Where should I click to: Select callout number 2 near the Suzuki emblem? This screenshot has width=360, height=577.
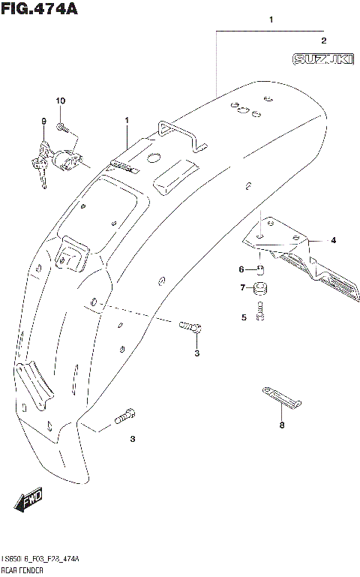pos(323,41)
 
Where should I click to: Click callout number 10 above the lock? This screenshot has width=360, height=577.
pos(61,101)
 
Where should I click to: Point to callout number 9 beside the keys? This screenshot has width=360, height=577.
pos(43,122)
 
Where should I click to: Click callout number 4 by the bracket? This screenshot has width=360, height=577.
pos(334,241)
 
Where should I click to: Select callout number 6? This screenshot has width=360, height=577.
pos(241,269)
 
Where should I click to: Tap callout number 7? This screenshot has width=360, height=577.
pos(241,287)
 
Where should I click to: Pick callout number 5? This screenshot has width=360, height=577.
pos(243,317)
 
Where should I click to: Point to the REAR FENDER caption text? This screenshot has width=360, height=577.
pos(25,572)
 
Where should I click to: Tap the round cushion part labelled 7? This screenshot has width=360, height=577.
pos(262,288)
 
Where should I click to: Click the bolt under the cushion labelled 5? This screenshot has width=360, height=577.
pos(261,311)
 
